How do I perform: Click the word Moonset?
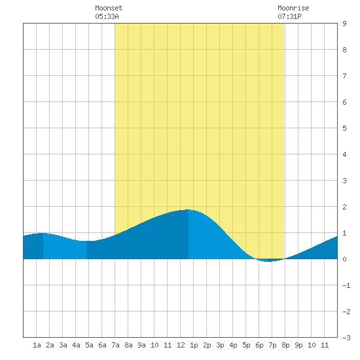pos(109,8)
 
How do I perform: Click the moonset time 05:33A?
pos(107,16)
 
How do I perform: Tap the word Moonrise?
pos(293,8)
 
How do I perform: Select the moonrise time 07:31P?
pos(289,16)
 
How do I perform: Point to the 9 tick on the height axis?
pos(344,24)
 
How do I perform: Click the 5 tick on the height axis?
pos(344,128)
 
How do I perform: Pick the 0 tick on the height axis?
pos(344,259)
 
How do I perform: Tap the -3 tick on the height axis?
pos(346,338)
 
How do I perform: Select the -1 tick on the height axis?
pos(346,285)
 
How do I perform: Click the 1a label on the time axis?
pos(37,345)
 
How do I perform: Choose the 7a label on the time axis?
pos(115,345)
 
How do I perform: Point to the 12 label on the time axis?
pos(181,345)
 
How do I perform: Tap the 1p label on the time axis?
pos(194,345)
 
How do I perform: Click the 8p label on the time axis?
pos(285,345)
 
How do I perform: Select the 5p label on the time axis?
pos(246,345)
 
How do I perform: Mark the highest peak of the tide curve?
pos(188,209)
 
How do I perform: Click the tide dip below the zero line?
pos(268,261)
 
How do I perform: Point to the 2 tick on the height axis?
pos(344,207)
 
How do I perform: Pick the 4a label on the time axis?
pos(76,345)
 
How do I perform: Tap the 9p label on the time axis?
pos(298,345)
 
